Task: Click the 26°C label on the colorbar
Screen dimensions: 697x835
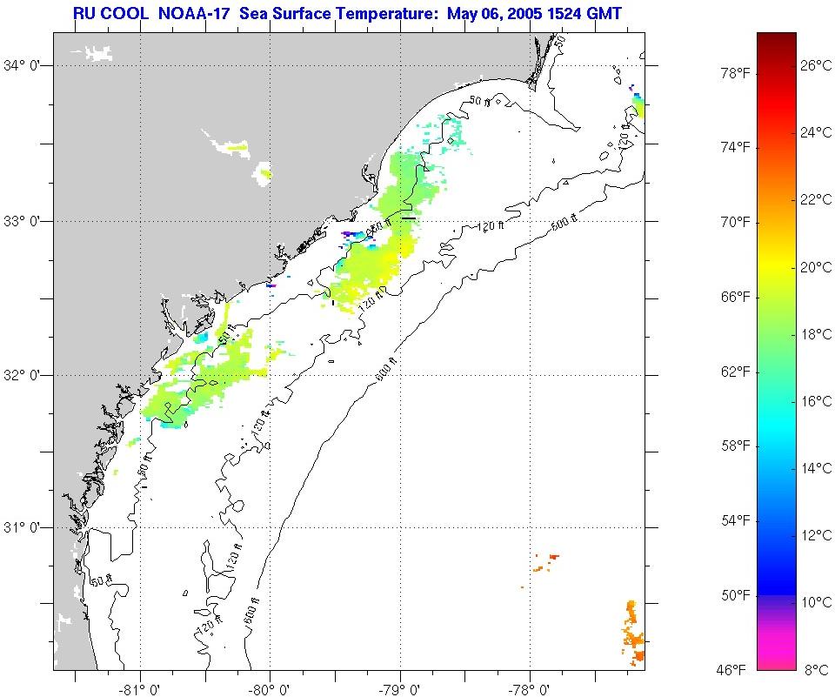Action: pos(817,65)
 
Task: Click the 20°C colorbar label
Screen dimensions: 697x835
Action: pos(817,267)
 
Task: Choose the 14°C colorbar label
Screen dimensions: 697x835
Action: pos(817,468)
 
